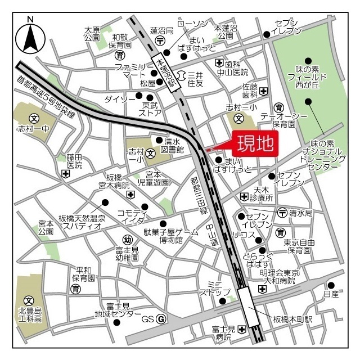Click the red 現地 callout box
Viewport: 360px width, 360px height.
tap(254, 145)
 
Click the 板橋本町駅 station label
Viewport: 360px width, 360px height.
tap(292, 319)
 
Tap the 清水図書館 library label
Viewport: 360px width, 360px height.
tap(172, 146)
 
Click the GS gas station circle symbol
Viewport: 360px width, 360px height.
tap(161, 319)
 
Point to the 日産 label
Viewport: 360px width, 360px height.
tap(332, 294)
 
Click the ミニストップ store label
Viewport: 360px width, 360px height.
tap(215, 289)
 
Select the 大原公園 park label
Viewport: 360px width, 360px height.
tap(92, 34)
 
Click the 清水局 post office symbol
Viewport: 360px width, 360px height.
tap(282, 213)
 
